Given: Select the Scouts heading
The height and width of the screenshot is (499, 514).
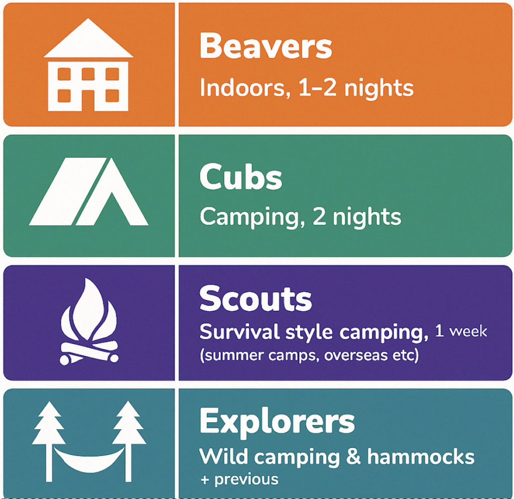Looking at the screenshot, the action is click(x=255, y=298).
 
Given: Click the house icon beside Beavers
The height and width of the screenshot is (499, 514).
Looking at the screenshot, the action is click(x=88, y=65).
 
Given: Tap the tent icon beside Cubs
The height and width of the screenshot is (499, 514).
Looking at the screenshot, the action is click(x=88, y=191).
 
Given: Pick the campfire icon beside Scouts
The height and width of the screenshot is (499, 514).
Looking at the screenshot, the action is click(x=89, y=322).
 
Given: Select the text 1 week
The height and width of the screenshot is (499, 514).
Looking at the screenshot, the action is click(x=461, y=331).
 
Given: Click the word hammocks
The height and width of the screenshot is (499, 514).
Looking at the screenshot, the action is click(x=421, y=456).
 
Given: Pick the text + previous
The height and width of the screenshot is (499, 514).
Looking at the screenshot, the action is click(x=239, y=479).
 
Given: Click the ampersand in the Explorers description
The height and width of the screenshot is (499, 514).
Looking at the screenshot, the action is click(x=353, y=457).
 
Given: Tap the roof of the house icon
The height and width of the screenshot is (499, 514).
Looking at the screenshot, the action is click(x=88, y=38).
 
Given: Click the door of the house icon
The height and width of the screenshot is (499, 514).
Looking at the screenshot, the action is click(x=88, y=100).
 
